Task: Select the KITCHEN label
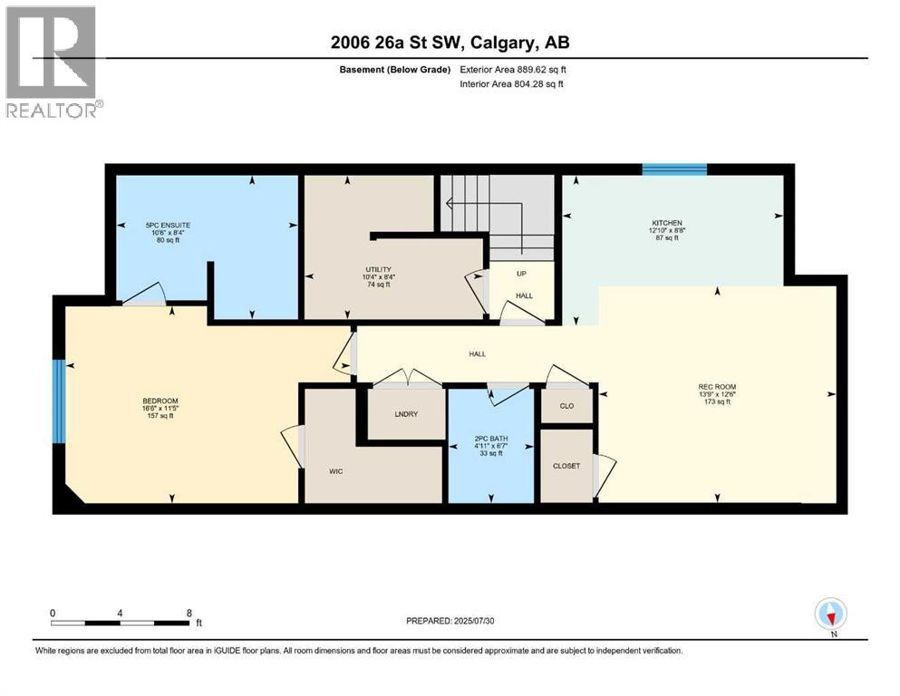point(667,223)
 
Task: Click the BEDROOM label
point(160,401)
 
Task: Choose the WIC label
point(335,470)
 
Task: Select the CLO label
point(566,405)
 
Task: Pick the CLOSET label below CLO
point(566,466)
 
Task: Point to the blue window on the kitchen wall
point(674,169)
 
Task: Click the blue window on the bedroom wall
point(59,401)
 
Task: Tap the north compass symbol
point(829,615)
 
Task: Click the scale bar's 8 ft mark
point(189,612)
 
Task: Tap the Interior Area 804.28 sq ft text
point(511,83)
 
